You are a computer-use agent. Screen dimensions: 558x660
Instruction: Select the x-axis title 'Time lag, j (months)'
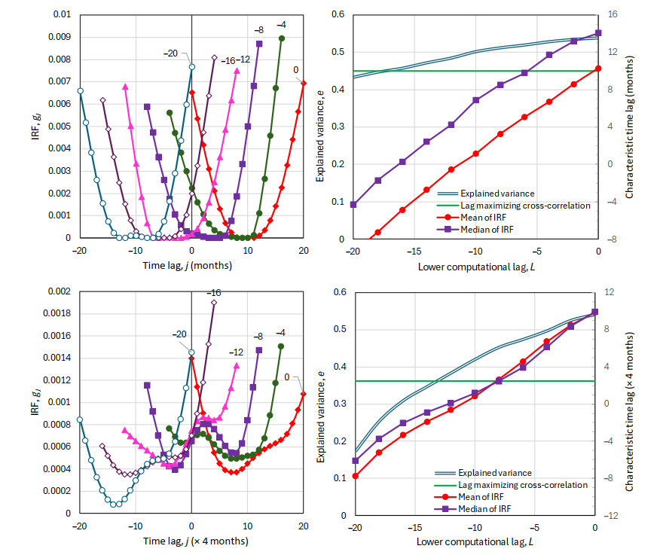[x=191, y=266]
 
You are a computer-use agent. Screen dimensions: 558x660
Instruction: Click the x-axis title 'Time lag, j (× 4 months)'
[x=191, y=541]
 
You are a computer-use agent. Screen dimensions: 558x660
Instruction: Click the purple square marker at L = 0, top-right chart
[x=599, y=33]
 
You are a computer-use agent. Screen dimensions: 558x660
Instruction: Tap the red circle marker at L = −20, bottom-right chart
[x=355, y=476]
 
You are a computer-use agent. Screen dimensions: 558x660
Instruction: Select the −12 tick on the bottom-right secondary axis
[x=616, y=516]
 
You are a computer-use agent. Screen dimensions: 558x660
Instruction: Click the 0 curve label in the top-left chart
[x=296, y=70]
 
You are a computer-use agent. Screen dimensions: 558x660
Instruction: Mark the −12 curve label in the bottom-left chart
[x=236, y=352]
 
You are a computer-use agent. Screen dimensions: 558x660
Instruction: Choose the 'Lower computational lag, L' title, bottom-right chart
[x=475, y=541]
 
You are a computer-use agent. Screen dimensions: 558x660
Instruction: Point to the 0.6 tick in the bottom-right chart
[x=340, y=292]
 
